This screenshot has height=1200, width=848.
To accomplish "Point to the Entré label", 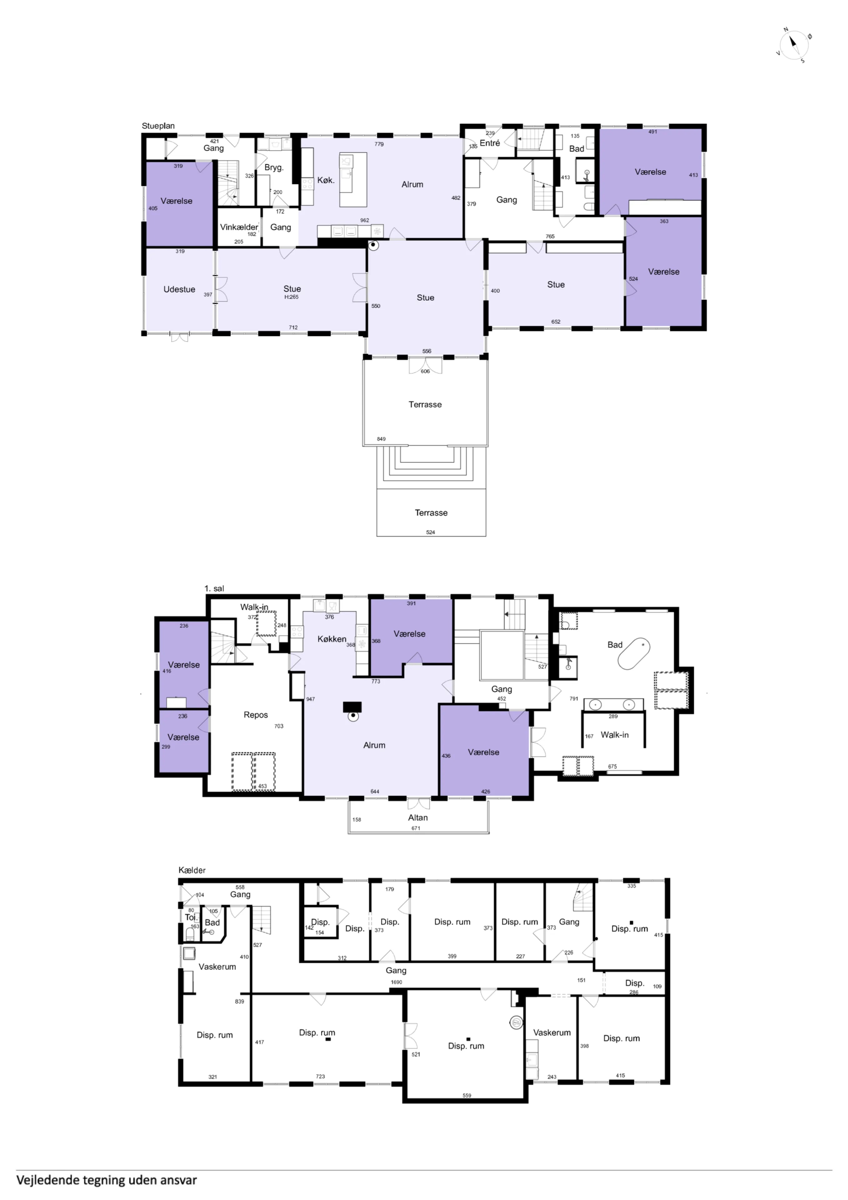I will tap(489, 143).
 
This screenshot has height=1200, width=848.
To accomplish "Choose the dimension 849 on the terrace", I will tap(381, 439).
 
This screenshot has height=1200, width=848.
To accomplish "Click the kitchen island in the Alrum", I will tap(353, 179).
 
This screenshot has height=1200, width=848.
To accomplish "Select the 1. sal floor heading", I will tap(214, 588).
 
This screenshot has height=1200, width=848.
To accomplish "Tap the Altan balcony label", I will tap(418, 817).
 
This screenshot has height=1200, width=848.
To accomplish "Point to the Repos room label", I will tap(255, 715).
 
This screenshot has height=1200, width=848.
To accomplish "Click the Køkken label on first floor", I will tap(332, 639).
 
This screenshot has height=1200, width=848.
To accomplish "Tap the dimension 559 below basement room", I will tap(467, 1096).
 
